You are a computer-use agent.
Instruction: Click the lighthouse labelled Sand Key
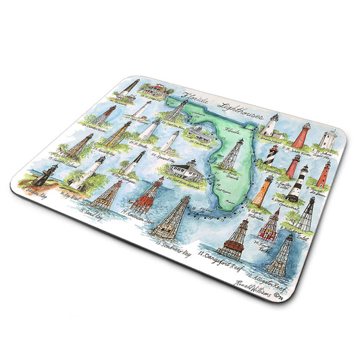coord(107,193)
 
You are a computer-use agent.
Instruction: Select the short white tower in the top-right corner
coord(329,140)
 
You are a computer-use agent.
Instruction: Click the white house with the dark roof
coord(185,170)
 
